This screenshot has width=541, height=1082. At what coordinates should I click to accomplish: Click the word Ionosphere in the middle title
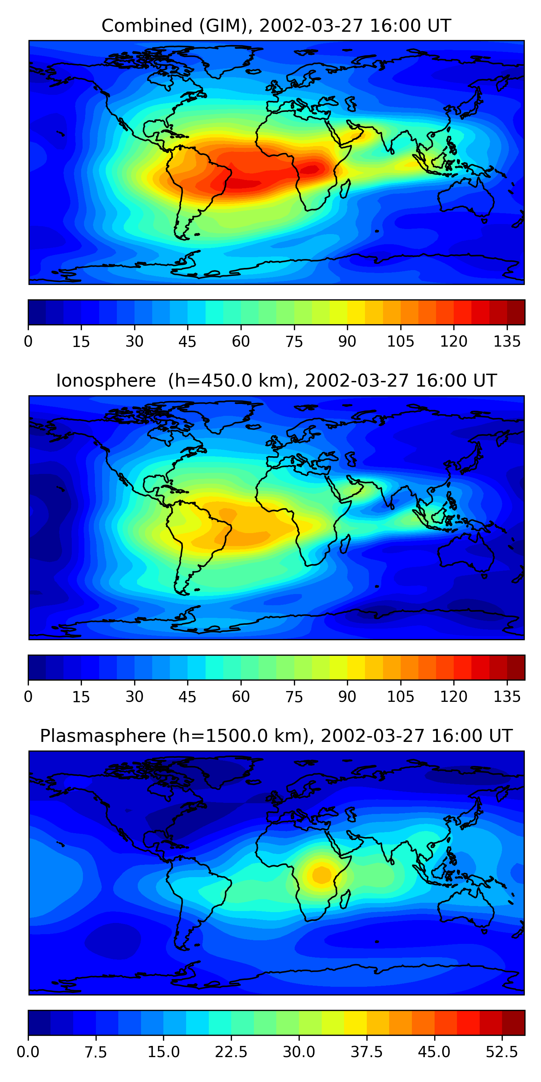click(x=106, y=381)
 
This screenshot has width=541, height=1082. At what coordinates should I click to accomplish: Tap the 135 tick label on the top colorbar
click(x=507, y=342)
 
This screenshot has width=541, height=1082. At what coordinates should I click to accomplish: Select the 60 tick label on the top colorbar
click(x=241, y=342)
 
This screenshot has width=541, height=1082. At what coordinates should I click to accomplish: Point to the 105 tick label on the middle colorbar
click(x=400, y=696)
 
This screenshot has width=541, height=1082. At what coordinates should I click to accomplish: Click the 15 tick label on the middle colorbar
click(x=81, y=696)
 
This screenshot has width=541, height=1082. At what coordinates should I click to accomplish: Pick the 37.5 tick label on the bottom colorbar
click(x=367, y=1052)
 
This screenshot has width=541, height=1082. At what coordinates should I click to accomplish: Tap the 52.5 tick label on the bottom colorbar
click(x=502, y=1052)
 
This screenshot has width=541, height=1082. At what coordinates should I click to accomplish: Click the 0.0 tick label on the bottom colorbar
click(x=28, y=1052)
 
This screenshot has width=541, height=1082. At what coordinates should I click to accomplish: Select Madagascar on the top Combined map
click(x=345, y=189)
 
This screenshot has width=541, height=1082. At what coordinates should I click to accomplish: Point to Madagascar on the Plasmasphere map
click(x=345, y=898)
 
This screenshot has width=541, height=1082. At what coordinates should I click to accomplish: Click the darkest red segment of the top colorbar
click(x=516, y=312)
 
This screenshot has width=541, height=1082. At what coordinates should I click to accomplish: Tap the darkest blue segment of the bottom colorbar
click(x=39, y=1022)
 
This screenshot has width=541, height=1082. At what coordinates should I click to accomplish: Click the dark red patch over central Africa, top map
click(x=311, y=170)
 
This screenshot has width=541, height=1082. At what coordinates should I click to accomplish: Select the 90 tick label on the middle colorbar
click(x=347, y=696)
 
